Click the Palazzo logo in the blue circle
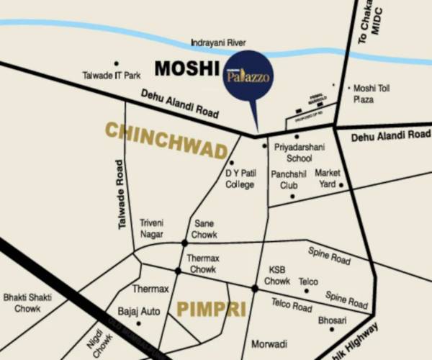[x=248, y=75]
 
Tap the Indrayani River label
[x=219, y=43]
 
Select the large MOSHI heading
[x=186, y=70]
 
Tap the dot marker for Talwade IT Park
[x=117, y=63]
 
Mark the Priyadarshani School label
[x=294, y=152]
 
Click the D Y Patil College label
[x=240, y=179]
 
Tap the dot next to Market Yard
[x=341, y=185]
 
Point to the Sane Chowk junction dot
[x=185, y=243]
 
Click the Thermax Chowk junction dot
[x=178, y=271]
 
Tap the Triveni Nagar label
[x=151, y=229]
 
